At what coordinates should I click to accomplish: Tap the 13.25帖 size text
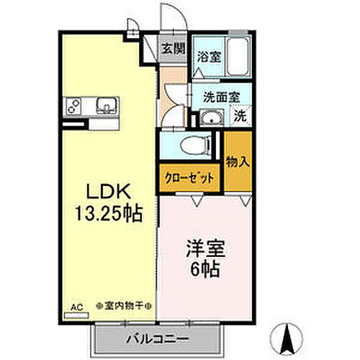coord(108,214)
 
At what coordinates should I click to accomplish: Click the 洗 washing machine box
coord(241,114)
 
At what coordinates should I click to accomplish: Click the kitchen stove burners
coord(73,105)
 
